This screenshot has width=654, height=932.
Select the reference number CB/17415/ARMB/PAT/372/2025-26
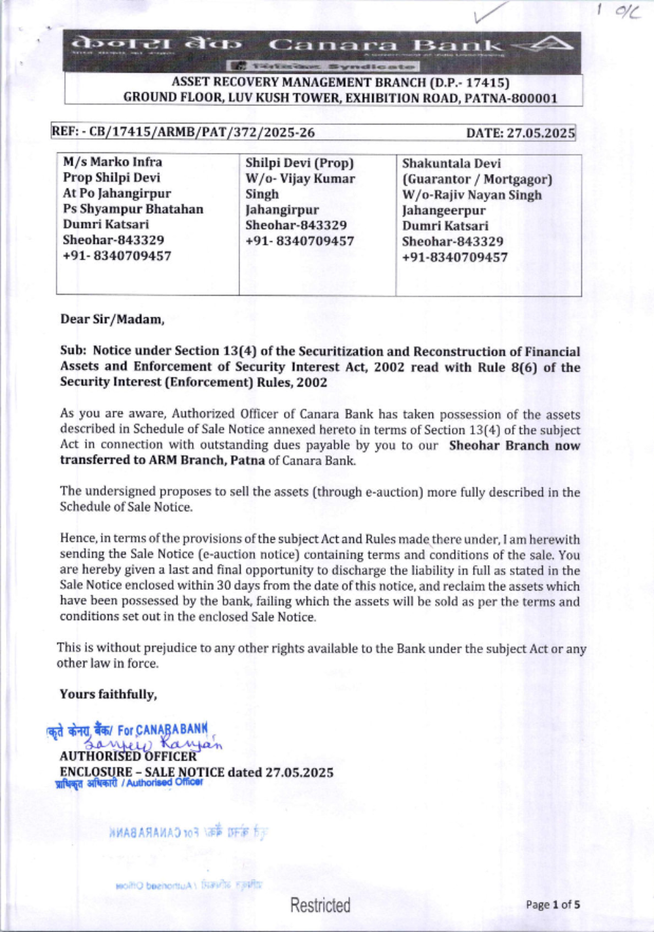[x=202, y=132]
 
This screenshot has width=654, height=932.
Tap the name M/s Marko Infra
[x=112, y=162]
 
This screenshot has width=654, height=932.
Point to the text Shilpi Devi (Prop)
[x=299, y=163]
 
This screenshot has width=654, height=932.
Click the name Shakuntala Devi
[x=451, y=163]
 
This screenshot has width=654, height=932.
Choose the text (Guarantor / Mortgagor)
[x=477, y=179]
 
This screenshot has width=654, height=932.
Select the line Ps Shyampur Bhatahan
[x=133, y=209]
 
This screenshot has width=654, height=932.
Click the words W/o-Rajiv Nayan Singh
[x=472, y=194]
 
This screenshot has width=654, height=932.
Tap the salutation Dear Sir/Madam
[x=112, y=319]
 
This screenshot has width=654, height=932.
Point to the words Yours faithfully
[x=108, y=694]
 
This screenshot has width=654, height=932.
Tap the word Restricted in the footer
[x=320, y=905]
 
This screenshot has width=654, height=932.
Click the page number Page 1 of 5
[x=553, y=905]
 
